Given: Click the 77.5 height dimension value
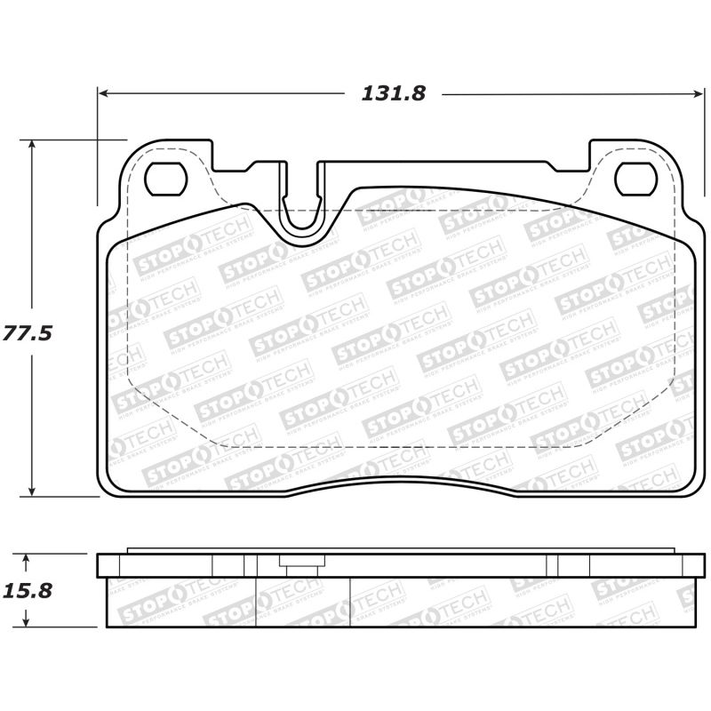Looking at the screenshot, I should click(28, 334).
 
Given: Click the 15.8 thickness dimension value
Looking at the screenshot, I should click(28, 589).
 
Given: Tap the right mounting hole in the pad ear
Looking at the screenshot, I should click(635, 180).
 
